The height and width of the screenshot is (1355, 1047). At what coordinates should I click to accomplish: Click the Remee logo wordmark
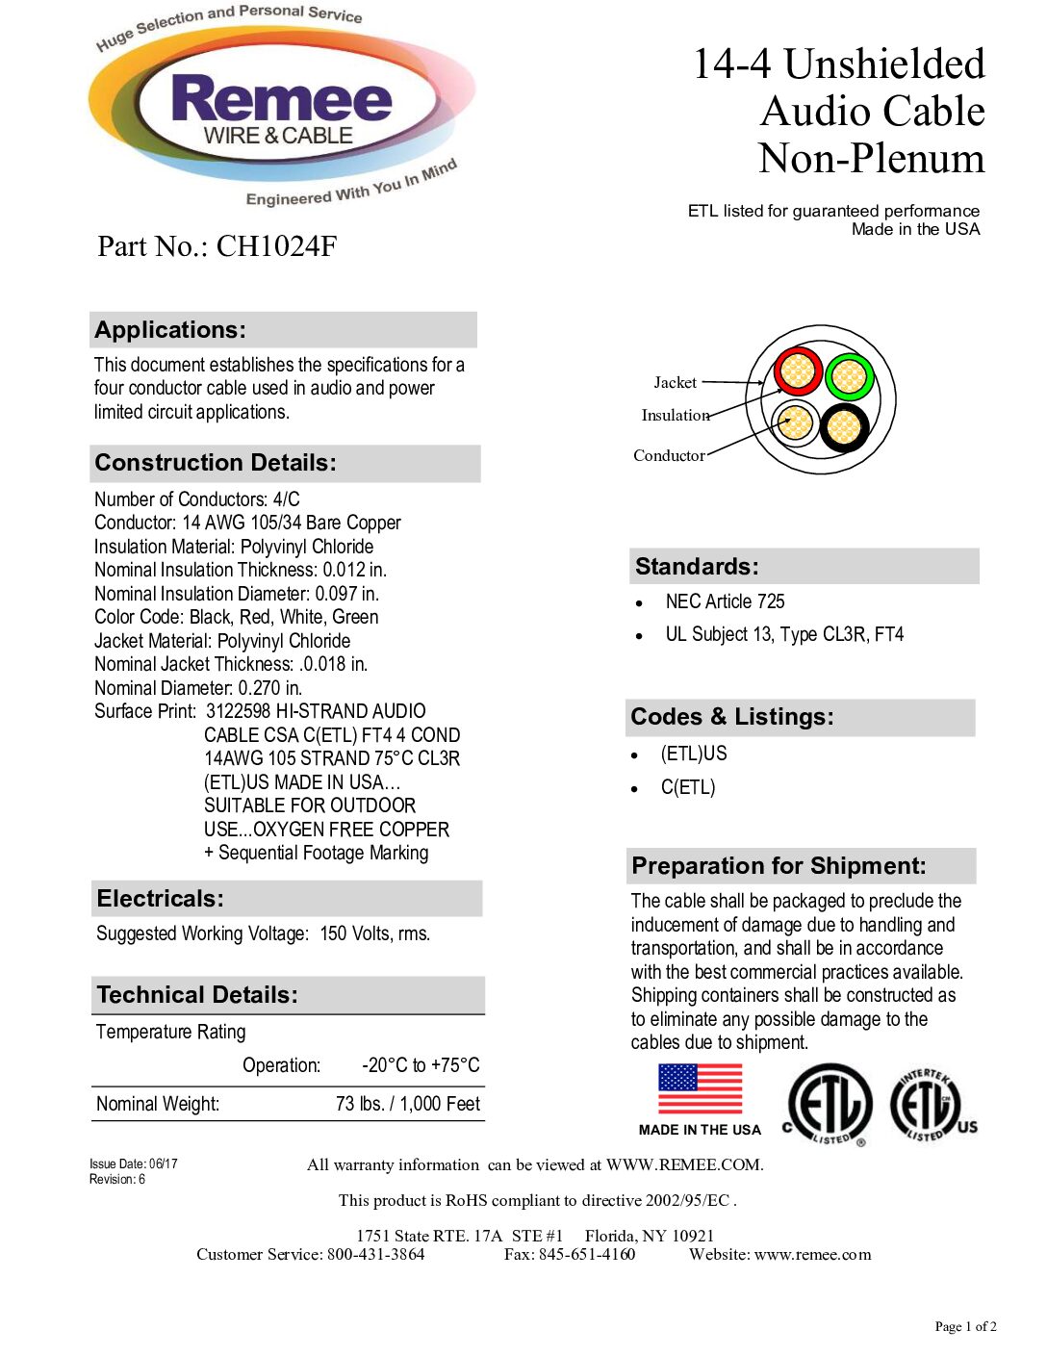281,101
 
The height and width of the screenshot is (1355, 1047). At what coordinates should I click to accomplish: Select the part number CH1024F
276,246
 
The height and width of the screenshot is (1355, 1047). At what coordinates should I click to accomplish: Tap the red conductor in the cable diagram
798,371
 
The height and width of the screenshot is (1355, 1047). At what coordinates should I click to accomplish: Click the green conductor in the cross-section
849,377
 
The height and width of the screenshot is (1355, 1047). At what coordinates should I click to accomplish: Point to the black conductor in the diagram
844,426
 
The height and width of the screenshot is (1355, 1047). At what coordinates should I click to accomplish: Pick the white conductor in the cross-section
795,422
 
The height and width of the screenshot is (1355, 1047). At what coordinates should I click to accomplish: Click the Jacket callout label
675,383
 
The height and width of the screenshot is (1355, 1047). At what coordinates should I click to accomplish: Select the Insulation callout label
676,416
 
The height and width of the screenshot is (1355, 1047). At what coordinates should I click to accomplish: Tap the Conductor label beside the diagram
669,456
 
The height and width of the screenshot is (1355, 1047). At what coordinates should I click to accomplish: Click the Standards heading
697,567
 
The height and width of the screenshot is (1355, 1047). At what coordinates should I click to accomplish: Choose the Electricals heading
160,899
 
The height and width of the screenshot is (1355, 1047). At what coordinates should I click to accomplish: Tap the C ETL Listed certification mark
828,1106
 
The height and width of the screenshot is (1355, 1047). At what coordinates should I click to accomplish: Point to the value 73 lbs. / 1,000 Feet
407,1104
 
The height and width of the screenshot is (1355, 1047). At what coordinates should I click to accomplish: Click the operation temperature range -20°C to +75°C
421,1065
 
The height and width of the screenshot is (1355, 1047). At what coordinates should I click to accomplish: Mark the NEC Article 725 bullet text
725,602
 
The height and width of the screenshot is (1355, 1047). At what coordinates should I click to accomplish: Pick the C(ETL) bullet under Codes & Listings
688,787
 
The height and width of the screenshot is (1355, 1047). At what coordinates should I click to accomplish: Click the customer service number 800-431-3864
375,1255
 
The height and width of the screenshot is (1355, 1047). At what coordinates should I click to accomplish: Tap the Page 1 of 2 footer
965,1327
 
